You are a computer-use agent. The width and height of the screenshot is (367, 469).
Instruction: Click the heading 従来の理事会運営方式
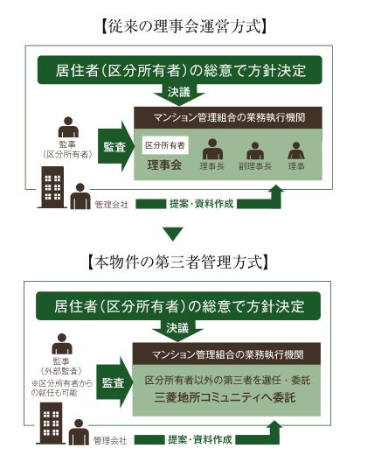tap(183, 27)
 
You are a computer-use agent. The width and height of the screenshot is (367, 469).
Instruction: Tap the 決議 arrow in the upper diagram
tap(179, 94)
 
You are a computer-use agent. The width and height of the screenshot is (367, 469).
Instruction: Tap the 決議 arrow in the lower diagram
tap(177, 330)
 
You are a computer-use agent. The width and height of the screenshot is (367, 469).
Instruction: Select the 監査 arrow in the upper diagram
tap(115, 147)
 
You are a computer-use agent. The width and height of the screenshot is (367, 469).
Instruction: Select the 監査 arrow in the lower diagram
tap(114, 382)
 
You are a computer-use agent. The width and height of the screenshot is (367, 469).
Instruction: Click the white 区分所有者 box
tap(165, 145)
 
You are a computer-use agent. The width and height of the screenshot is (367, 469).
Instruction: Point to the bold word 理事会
tap(164, 164)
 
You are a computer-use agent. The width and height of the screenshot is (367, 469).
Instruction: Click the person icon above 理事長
tap(212, 149)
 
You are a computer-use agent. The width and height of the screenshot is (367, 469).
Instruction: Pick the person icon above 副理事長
tap(255, 150)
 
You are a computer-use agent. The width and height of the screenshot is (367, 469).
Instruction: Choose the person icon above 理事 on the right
tap(296, 150)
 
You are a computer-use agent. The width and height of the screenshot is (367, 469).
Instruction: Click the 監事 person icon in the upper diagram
tap(68, 127)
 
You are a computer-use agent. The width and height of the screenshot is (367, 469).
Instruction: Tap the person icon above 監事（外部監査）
tap(62, 344)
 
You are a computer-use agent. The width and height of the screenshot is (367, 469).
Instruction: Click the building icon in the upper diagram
tap(52, 187)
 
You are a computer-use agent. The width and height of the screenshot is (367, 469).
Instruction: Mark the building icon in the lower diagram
tap(51, 423)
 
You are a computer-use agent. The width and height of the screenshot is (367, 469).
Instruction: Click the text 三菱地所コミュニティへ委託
tap(225, 397)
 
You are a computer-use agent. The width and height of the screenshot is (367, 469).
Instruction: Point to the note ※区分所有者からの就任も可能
tap(62, 388)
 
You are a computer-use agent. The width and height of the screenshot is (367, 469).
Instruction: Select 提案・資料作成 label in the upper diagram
tap(201, 204)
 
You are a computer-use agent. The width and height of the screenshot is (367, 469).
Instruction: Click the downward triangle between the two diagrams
tap(173, 234)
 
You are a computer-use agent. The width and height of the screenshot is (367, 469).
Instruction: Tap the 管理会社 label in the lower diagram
tap(110, 440)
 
